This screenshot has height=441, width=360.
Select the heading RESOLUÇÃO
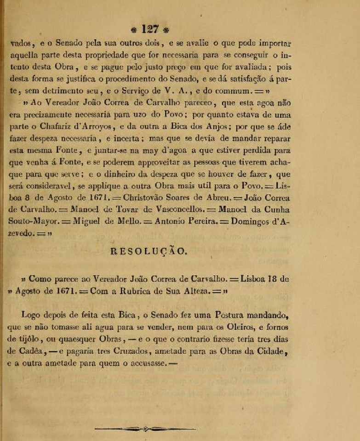149,251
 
